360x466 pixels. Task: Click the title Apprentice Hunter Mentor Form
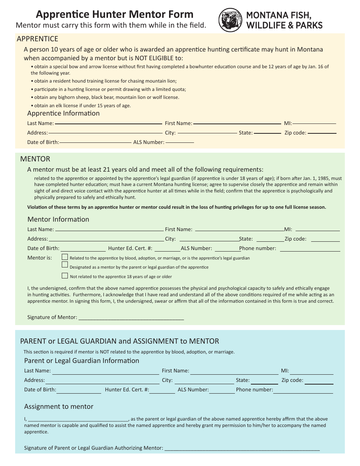[114, 14]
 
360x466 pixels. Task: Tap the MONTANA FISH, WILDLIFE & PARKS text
[284, 20]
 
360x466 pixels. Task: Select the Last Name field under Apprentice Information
[108, 123]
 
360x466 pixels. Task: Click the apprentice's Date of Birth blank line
[95, 142]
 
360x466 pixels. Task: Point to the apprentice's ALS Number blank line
[180, 142]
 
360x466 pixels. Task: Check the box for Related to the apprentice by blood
[65, 257]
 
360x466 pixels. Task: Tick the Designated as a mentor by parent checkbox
[65, 264]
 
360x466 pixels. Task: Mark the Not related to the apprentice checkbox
[65, 276]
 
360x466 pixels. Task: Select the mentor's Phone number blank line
[310, 250]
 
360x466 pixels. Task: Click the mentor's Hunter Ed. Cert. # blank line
[167, 250]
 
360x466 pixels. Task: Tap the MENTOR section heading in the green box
[35, 159]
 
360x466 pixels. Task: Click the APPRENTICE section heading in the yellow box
[38, 39]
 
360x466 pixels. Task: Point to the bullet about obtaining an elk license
[81, 106]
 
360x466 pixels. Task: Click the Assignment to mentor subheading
[59, 407]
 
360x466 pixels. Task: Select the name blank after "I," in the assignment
[78, 420]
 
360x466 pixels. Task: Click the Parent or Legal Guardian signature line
[242, 450]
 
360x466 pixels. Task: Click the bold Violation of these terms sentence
[177, 207]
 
